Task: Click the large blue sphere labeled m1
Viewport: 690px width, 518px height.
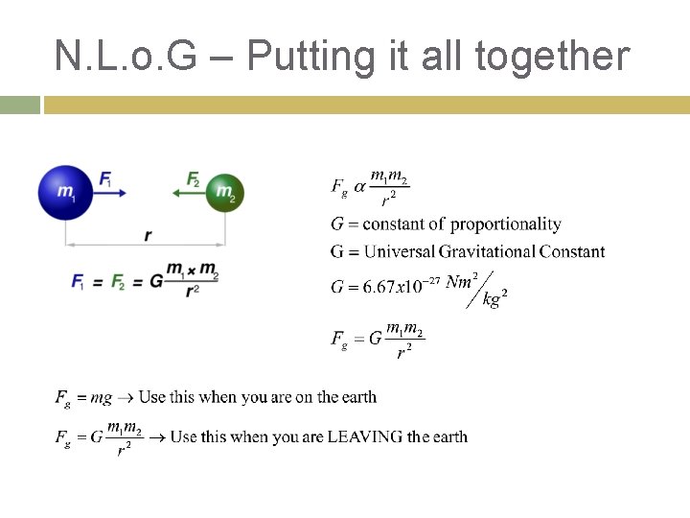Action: click(x=65, y=192)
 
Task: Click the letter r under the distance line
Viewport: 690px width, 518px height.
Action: click(x=147, y=235)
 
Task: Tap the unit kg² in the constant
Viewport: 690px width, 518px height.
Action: click(x=494, y=299)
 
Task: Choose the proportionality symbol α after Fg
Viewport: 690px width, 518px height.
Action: click(x=359, y=186)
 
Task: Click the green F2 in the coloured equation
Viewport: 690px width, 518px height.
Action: click(x=118, y=281)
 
